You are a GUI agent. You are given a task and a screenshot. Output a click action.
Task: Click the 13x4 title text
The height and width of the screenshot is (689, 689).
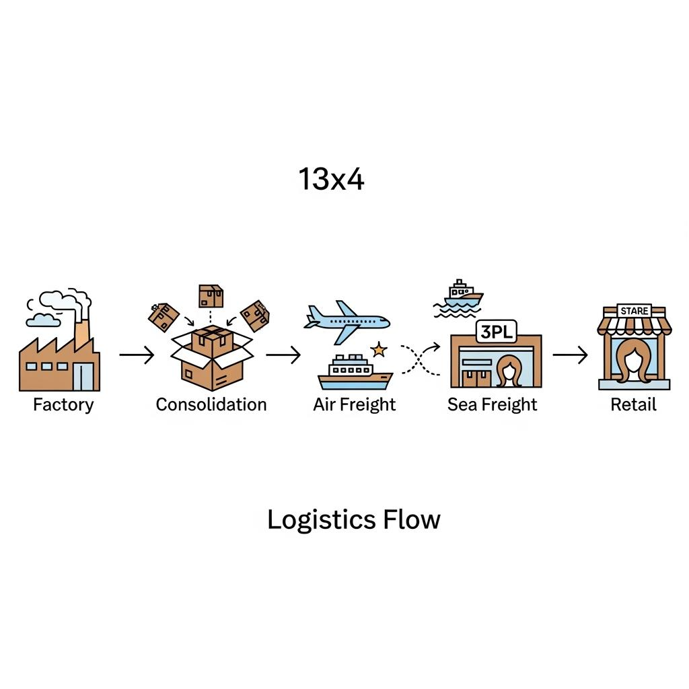331,179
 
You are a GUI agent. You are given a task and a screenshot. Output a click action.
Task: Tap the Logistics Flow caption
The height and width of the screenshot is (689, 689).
354,520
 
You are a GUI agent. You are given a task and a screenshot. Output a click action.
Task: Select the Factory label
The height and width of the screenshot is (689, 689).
63,404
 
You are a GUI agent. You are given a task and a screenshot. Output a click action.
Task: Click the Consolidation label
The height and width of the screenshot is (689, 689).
211,404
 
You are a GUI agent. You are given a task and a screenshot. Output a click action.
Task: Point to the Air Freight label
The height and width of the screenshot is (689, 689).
355,404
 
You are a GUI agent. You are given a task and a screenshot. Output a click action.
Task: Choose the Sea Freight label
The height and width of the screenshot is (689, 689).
493,404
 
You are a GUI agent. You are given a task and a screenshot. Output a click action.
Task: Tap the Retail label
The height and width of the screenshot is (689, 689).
633,404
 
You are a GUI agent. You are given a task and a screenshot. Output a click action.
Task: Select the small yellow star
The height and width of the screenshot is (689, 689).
379,349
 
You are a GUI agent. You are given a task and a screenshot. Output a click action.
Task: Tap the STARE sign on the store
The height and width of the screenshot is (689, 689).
634,311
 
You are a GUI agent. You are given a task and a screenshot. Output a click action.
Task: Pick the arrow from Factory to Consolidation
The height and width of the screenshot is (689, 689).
137,355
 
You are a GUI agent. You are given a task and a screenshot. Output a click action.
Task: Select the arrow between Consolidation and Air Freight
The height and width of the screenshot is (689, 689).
283,355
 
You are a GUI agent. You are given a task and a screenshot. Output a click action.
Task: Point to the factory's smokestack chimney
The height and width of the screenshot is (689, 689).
81,333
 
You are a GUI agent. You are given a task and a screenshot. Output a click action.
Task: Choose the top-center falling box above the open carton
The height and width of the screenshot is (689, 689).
211,295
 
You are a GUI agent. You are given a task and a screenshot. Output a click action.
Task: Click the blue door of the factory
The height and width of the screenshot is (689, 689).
84,375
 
